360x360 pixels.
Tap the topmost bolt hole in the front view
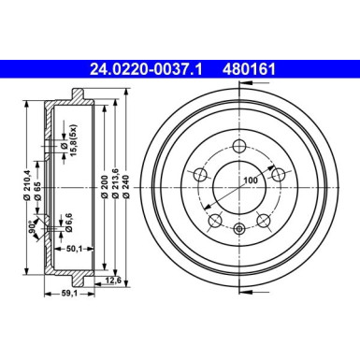click(x=238, y=147)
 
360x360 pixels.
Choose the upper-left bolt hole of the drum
click(x=200, y=174)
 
